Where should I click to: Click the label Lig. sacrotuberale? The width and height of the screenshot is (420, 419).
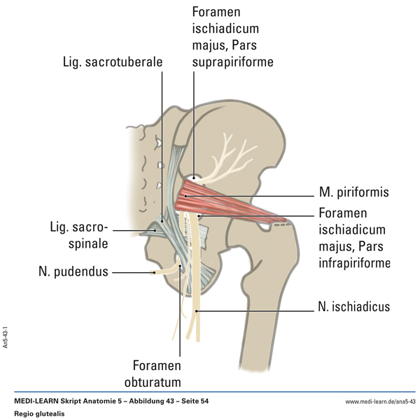point(111,62)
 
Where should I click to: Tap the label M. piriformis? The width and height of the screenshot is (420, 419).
point(353,192)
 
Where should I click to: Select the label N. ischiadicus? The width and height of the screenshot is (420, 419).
point(351,306)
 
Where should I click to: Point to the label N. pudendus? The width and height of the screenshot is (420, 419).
point(73,271)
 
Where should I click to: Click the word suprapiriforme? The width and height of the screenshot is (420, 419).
point(232,62)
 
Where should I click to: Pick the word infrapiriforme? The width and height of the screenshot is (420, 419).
point(354,262)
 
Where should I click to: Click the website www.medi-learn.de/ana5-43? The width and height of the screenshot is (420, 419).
point(380,401)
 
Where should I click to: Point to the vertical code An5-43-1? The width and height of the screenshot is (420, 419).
point(6,336)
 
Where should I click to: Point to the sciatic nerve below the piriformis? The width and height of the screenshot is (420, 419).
point(196,280)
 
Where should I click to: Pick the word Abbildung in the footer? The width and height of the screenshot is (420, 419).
point(148,401)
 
